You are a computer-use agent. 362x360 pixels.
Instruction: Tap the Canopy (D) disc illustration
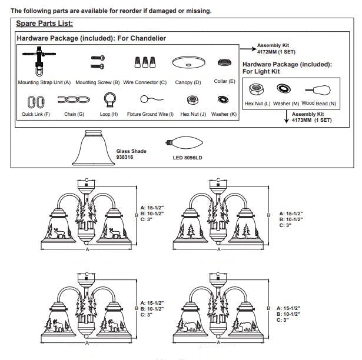pos(188,62)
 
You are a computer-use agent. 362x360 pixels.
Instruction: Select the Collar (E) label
pos(224,81)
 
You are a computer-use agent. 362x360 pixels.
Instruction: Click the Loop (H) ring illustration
pos(109,99)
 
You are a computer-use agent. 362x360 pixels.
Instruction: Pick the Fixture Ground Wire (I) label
pos(150,114)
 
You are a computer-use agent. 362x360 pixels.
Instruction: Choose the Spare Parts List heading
pos(44,24)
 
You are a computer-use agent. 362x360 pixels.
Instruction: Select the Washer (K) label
pos(224,114)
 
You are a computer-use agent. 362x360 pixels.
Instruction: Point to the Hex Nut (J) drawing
pos(191,100)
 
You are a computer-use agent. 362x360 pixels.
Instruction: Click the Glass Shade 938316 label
pos(129,154)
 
